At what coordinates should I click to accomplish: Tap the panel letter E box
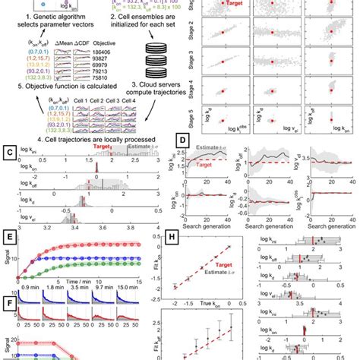point(7,235)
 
